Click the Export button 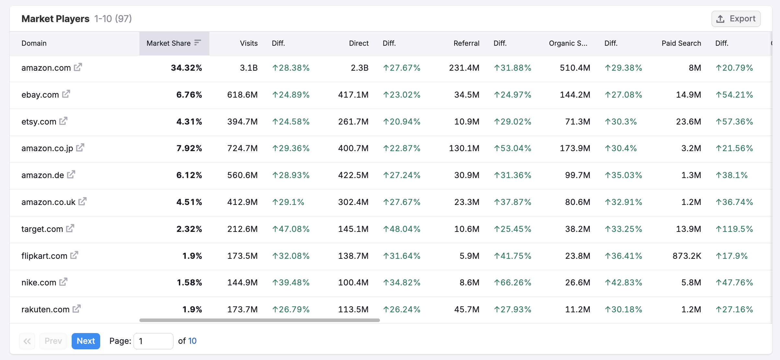pyautogui.click(x=736, y=19)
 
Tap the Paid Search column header pyautogui.click(x=681, y=43)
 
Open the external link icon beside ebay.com pyautogui.click(x=66, y=94)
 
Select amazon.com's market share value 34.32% pyautogui.click(x=186, y=68)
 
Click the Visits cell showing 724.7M pyautogui.click(x=242, y=148)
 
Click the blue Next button pyautogui.click(x=86, y=341)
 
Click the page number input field pyautogui.click(x=153, y=341)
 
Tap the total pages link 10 pyautogui.click(x=192, y=341)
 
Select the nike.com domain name pyautogui.click(x=39, y=282)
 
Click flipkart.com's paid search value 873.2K pyautogui.click(x=687, y=256)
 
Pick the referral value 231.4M pyautogui.click(x=464, y=68)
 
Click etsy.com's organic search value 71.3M pyautogui.click(x=577, y=122)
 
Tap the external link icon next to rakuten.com pyautogui.click(x=77, y=309)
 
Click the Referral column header pyautogui.click(x=466, y=43)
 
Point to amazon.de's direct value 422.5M pyautogui.click(x=353, y=175)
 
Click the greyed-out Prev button pyautogui.click(x=53, y=341)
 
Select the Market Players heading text pyautogui.click(x=55, y=19)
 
